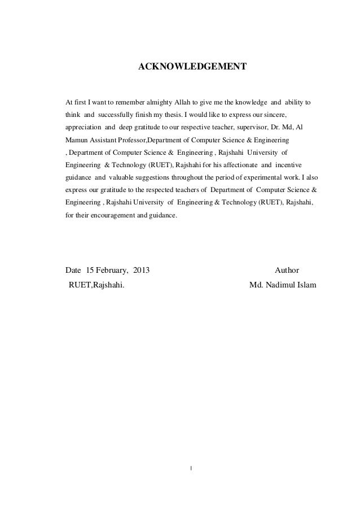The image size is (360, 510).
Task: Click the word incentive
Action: (288, 164)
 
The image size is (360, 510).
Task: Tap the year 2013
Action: (142, 269)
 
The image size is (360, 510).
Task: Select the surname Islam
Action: (308, 284)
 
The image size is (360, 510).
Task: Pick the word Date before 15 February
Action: (74, 269)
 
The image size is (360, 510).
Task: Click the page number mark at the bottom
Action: (192, 468)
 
